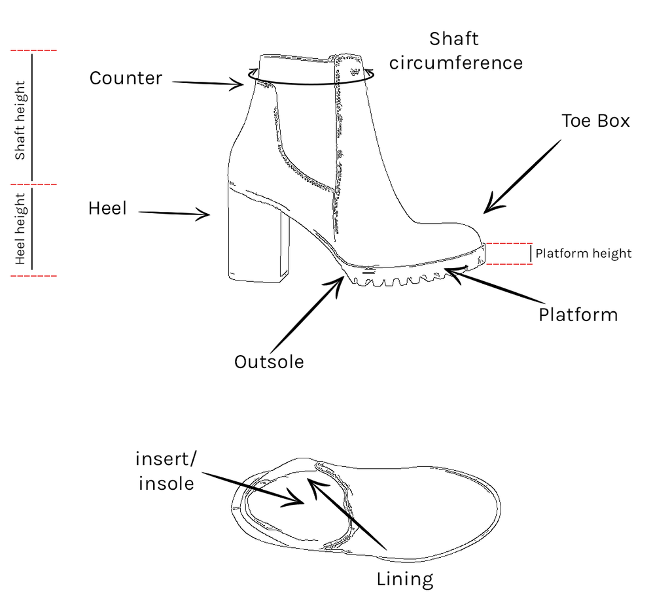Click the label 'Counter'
126,78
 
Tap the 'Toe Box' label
595,121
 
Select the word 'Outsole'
269,362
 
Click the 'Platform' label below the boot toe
578,315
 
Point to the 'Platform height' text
584,254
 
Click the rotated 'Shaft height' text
20,120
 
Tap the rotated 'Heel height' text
20,229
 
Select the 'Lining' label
404,579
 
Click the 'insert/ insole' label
165,471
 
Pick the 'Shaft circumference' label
456,51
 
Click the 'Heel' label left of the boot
107,209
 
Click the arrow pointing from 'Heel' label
174,213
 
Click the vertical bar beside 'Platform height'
531,254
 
